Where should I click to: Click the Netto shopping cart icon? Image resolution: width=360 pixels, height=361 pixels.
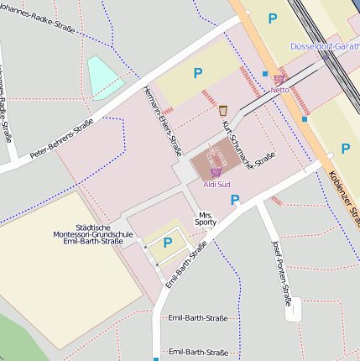coord(279,78)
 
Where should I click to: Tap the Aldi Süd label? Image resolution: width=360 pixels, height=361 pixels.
coord(217,183)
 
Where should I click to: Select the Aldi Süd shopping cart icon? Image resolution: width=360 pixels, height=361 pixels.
coord(216,172)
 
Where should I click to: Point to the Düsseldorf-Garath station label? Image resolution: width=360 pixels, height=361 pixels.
coord(325,46)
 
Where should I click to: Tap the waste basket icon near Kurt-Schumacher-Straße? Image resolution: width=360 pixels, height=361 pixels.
coord(223,110)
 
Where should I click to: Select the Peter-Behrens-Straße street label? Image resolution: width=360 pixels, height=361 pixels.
coord(61,139)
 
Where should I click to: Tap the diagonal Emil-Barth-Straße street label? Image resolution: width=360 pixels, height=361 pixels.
coord(185,264)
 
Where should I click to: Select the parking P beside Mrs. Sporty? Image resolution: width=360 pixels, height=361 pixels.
coord(235,200)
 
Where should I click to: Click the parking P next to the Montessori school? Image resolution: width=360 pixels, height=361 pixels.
coord(167,243)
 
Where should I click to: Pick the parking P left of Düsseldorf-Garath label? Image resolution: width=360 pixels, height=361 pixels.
coord(271,18)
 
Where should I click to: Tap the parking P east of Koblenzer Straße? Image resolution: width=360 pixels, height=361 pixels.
coord(345,149)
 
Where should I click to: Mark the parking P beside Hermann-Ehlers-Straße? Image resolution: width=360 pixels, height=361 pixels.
coord(198,74)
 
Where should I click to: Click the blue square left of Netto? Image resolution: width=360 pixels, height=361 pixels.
coord(265,74)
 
